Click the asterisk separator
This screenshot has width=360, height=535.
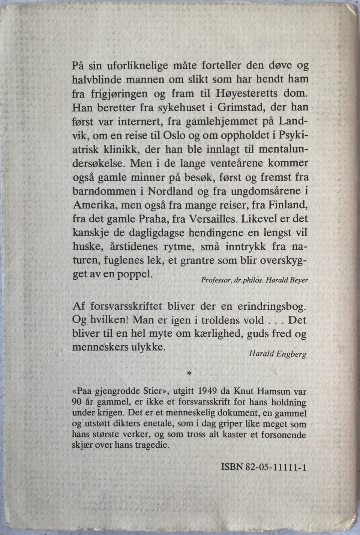pyautogui.click(x=189, y=373)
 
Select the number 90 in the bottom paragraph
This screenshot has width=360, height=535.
pyautogui.click(x=77, y=402)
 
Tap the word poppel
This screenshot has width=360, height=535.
pyautogui.click(x=135, y=274)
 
